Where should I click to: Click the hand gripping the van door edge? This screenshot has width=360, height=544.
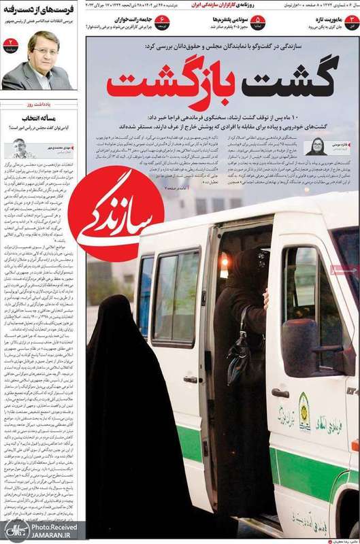266,296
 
